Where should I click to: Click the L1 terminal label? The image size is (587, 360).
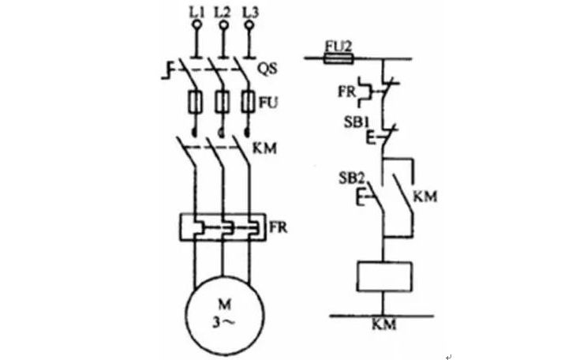tap(197, 12)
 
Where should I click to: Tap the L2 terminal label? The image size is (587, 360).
tap(223, 12)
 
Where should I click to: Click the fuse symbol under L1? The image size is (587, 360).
tap(197, 103)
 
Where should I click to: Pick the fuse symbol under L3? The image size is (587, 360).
tap(249, 103)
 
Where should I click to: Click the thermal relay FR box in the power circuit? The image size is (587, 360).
tap(223, 228)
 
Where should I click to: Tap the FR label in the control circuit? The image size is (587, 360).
tap(344, 90)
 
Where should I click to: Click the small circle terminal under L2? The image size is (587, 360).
tap(223, 26)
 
